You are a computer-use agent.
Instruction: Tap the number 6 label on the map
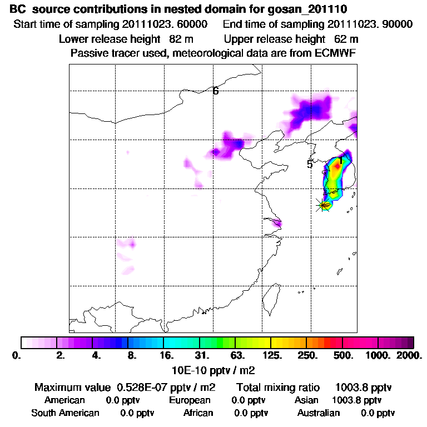pos(216,91)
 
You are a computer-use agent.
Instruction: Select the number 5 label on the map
pos(310,164)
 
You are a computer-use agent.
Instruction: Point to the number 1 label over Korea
pos(341,161)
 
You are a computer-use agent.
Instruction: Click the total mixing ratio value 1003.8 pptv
pos(360,387)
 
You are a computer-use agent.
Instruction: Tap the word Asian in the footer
pos(306,400)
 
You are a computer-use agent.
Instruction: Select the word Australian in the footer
pos(319,413)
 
